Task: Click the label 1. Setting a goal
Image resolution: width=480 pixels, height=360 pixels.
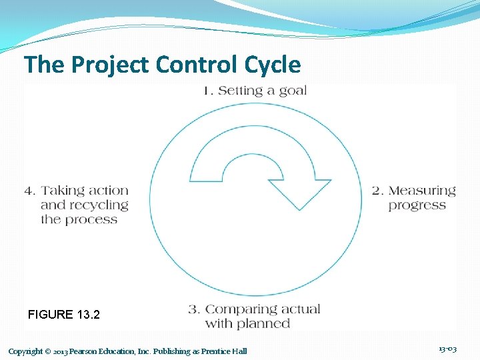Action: click(x=255, y=91)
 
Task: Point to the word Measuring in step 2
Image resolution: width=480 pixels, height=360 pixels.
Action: click(x=422, y=191)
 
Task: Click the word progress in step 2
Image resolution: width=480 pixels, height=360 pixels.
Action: click(x=417, y=205)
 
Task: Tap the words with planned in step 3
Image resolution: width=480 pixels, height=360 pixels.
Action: click(x=247, y=324)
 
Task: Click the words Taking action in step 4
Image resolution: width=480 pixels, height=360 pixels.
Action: click(x=85, y=191)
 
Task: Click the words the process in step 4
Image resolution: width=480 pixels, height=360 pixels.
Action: click(x=79, y=219)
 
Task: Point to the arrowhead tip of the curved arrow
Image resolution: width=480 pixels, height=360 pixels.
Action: click(x=299, y=207)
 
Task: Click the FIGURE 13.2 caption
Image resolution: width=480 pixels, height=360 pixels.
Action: click(x=64, y=315)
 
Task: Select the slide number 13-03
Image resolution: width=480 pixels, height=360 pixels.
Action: click(x=447, y=349)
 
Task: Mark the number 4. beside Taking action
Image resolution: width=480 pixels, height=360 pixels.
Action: click(x=30, y=191)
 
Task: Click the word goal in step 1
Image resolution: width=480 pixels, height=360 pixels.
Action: click(x=293, y=91)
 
